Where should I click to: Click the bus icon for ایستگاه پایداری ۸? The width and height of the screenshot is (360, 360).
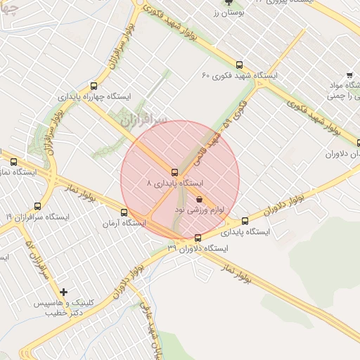tap(174, 172)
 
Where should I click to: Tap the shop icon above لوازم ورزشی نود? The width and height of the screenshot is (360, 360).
tap(200, 199)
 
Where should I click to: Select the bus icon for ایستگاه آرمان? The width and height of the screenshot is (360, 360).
tap(124, 212)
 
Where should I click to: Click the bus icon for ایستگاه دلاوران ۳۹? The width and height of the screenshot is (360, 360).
tap(197, 238)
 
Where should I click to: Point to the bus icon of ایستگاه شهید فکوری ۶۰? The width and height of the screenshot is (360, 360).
tap(240, 65)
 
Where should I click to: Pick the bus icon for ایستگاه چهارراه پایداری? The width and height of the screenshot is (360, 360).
tap(89, 85)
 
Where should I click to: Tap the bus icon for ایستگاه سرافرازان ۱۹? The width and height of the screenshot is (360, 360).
tap(37, 206)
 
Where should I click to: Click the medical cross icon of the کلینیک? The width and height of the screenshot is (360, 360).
tap(64, 291)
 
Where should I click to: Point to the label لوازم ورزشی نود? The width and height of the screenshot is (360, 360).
tap(181, 210)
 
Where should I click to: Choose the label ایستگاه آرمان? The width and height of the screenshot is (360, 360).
tap(124, 223)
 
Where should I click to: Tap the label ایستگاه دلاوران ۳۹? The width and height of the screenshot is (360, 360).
tap(198, 248)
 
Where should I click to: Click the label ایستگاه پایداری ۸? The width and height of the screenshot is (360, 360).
tap(174, 182)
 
